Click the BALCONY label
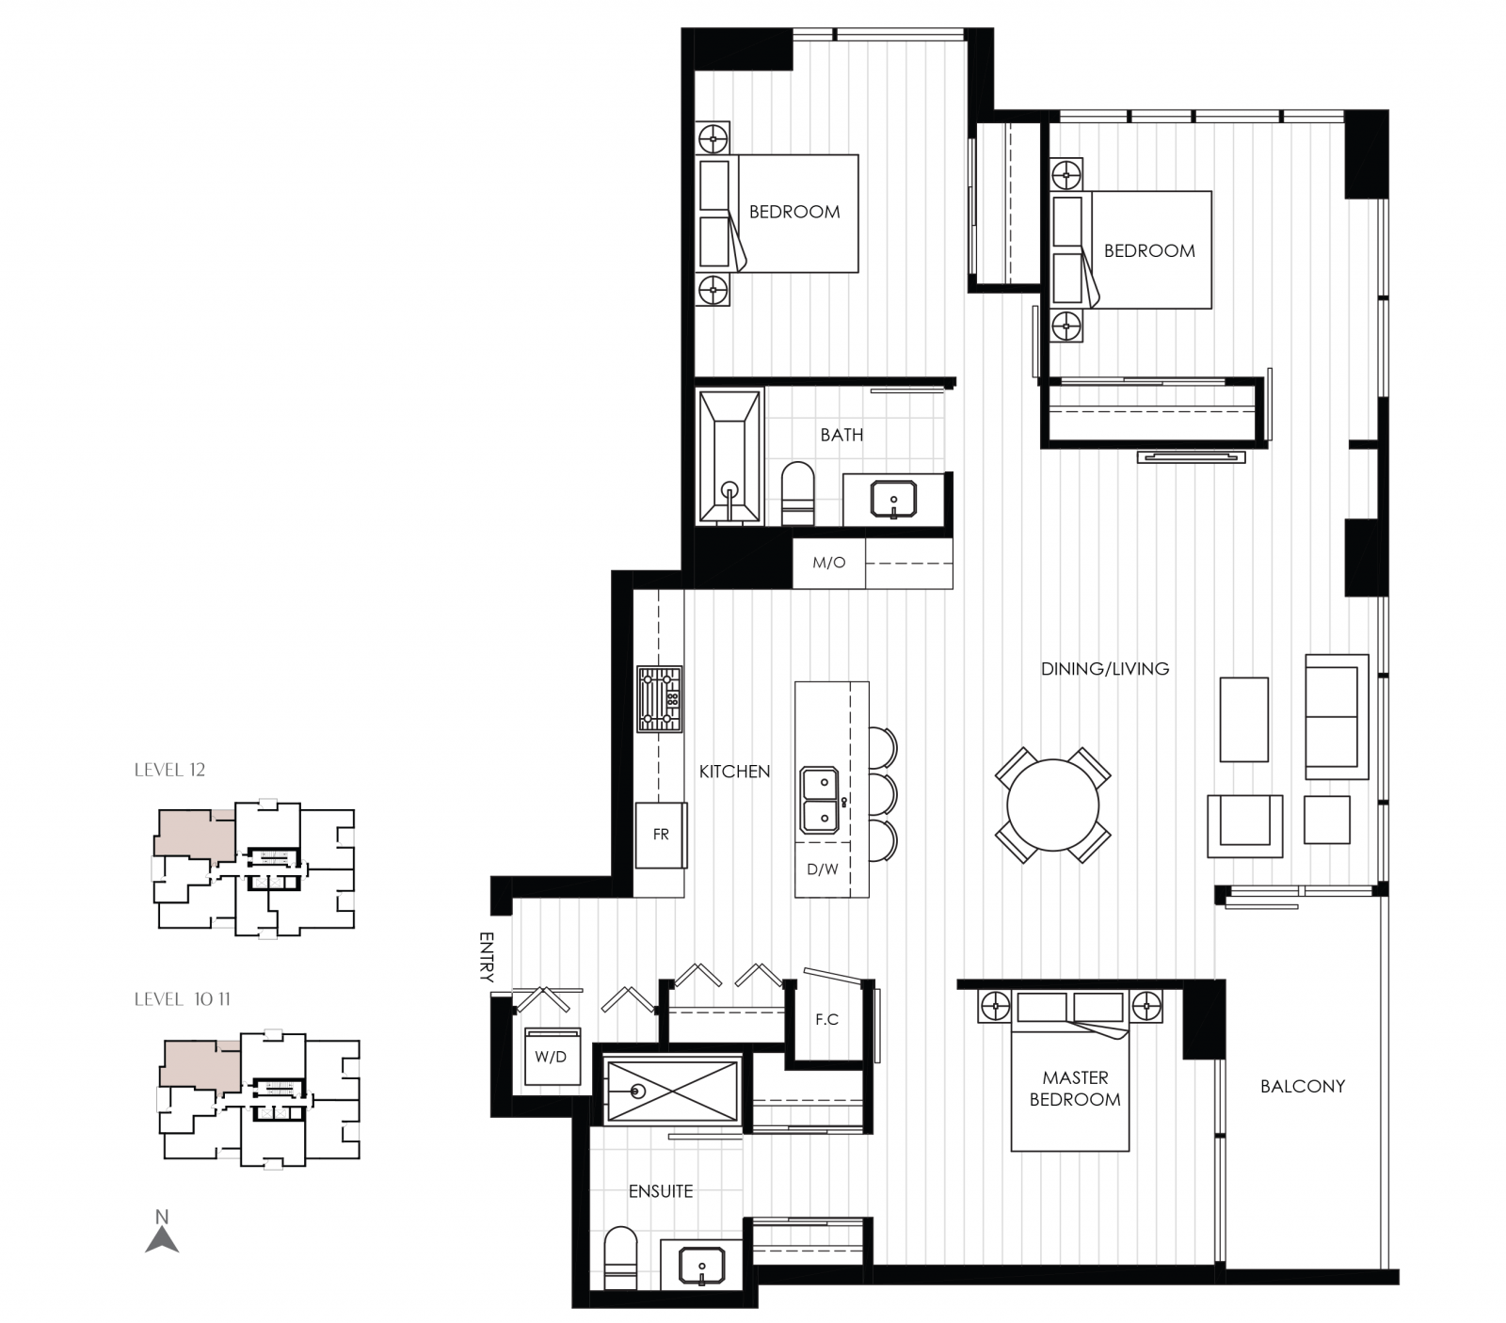pyautogui.click(x=1302, y=1086)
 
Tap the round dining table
pyautogui.click(x=1052, y=805)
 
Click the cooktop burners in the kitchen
pyautogui.click(x=659, y=699)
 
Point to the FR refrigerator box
pyautogui.click(x=661, y=835)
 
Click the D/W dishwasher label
pyautogui.click(x=822, y=869)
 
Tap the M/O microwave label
pyautogui.click(x=828, y=563)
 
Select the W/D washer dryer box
pyautogui.click(x=551, y=1057)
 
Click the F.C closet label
pyautogui.click(x=826, y=1019)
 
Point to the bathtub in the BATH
pyautogui.click(x=729, y=457)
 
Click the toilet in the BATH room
pyautogui.click(x=798, y=492)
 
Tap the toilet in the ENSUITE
pyautogui.click(x=619, y=1257)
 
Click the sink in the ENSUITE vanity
pyautogui.click(x=701, y=1265)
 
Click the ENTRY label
pyautogui.click(x=487, y=957)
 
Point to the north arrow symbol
pyautogui.click(x=162, y=1234)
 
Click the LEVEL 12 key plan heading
pyautogui.click(x=169, y=770)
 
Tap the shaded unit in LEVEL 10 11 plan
pyautogui.click(x=198, y=1063)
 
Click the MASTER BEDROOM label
pyautogui.click(x=1075, y=1088)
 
